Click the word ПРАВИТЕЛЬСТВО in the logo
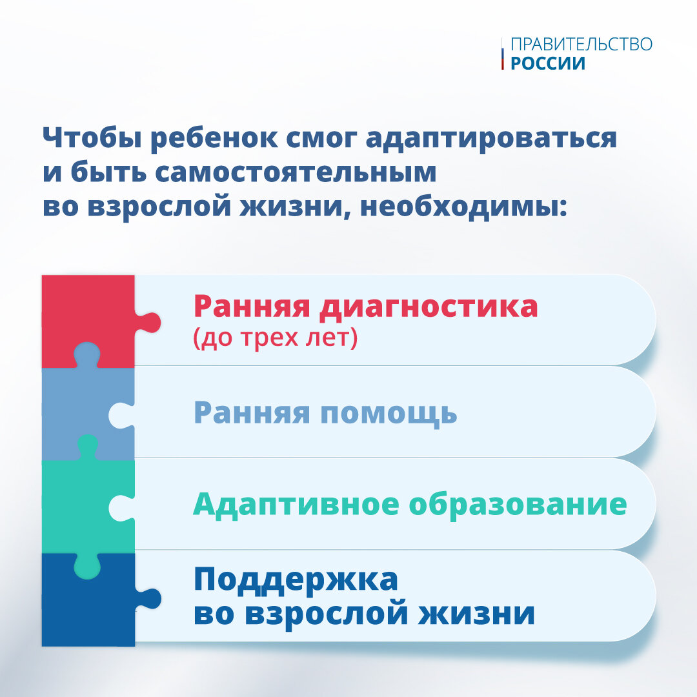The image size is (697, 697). click(581, 45)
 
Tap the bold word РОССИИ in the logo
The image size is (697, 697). click(548, 63)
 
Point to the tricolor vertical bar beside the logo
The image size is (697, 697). click(502, 54)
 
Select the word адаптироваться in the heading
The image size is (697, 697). click(491, 139)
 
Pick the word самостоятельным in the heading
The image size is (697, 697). click(296, 172)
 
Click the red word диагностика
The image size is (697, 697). click(429, 307)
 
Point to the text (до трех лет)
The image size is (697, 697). click(275, 338)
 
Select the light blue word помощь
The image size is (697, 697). click(389, 414)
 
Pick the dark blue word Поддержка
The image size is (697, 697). click(296, 580)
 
